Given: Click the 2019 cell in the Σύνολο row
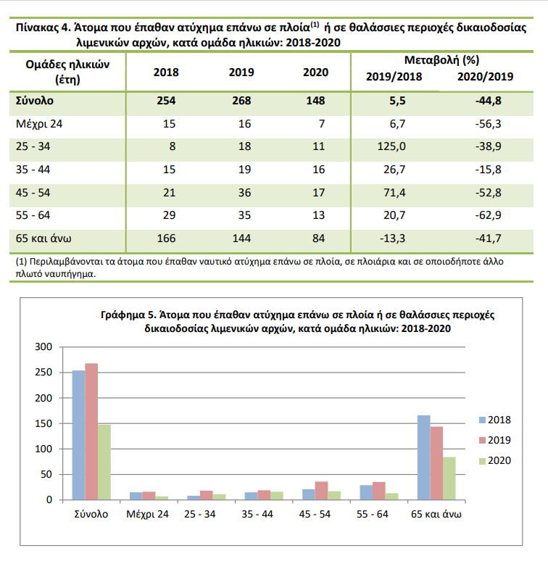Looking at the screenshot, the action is click(x=241, y=101).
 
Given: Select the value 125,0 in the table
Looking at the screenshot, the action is click(x=391, y=146).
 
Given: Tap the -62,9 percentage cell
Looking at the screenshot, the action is click(x=489, y=215).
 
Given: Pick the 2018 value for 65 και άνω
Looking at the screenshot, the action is click(x=166, y=238).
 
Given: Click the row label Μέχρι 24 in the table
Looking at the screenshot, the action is click(x=39, y=124).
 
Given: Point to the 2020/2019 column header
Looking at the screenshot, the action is click(x=486, y=77).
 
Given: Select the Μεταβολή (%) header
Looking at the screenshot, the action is click(x=441, y=60).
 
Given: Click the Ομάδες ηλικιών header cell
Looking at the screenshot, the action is click(x=67, y=72).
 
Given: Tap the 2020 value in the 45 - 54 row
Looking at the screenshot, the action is click(x=318, y=193).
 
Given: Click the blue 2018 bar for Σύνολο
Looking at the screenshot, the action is click(x=79, y=435).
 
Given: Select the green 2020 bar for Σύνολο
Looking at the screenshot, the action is click(x=104, y=462).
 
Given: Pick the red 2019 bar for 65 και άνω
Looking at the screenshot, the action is click(x=436, y=463).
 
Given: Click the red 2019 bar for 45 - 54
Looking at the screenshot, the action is click(x=321, y=491).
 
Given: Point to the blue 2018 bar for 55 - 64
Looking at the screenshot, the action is click(x=366, y=492).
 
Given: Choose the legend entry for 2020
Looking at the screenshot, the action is click(x=495, y=461).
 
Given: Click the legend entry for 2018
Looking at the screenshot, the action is click(x=495, y=420).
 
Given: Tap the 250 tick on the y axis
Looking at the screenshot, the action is click(x=43, y=372).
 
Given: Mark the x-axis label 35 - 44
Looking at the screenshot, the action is click(x=257, y=514).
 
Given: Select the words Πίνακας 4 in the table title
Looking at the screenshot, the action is click(x=43, y=28).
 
